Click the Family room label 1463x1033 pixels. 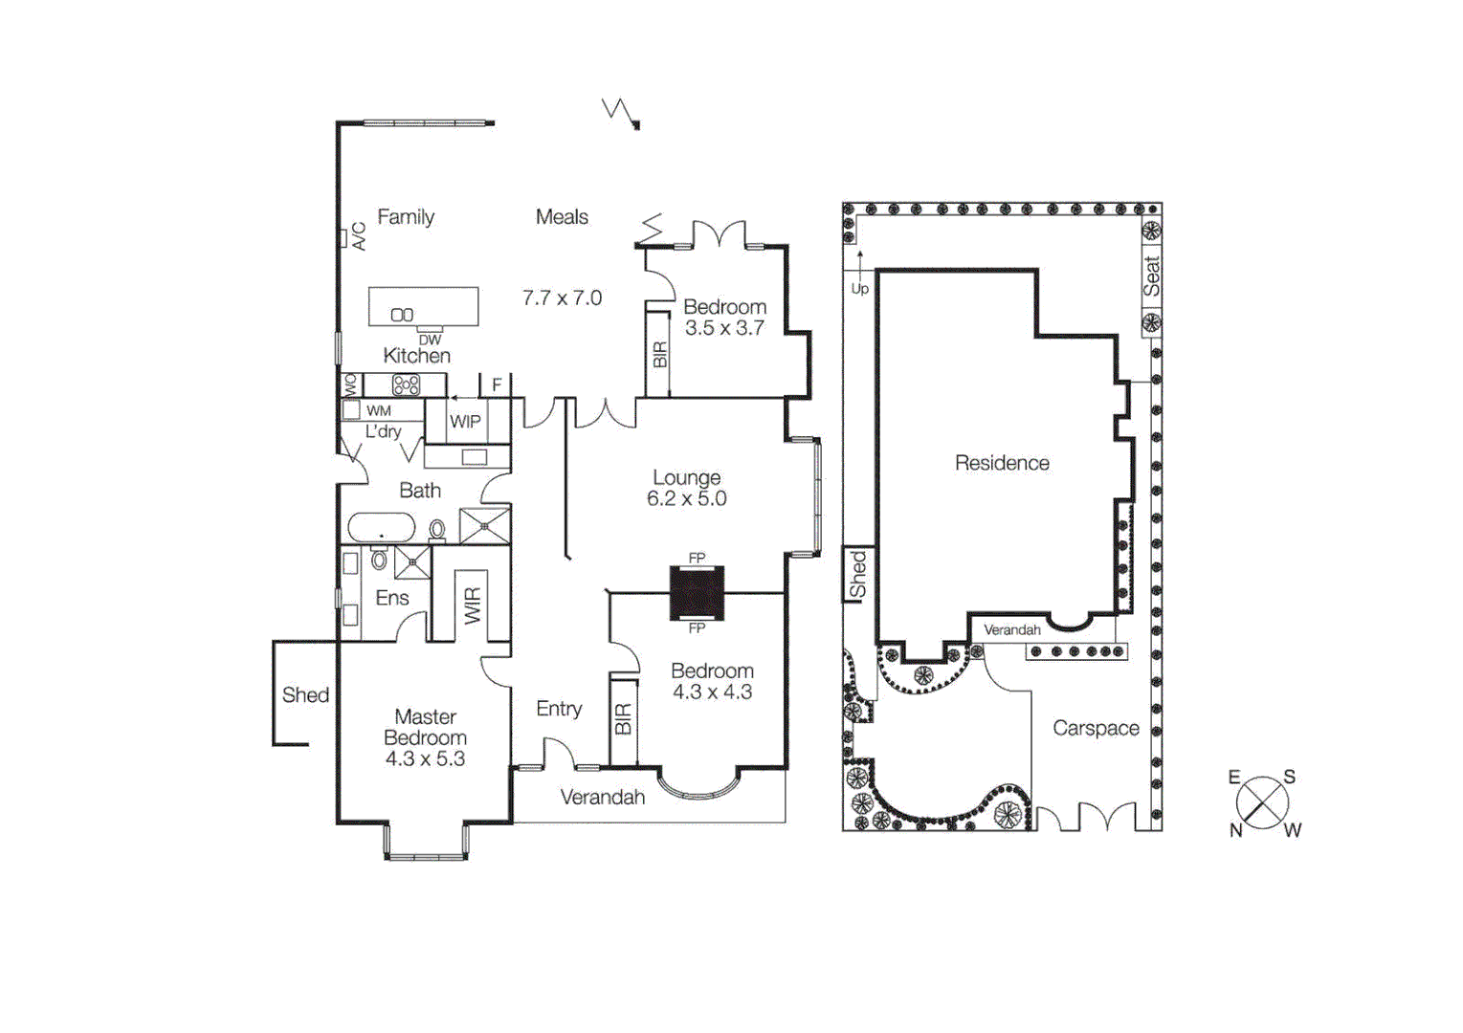(406, 217)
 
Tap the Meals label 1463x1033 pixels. (562, 217)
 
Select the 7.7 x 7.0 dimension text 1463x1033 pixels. (562, 298)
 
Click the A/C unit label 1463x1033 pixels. (359, 235)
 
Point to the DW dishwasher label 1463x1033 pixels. (430, 340)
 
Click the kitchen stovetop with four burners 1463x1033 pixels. (406, 385)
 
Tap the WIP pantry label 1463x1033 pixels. (465, 422)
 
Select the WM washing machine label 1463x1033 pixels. (379, 411)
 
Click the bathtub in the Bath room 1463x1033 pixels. (381, 528)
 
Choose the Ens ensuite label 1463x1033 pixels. (392, 599)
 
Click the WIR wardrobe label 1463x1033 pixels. (473, 605)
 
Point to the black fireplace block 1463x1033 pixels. (697, 593)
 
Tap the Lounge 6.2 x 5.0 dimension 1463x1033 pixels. (686, 499)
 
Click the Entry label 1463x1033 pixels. (559, 709)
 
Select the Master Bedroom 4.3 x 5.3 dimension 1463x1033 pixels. (425, 759)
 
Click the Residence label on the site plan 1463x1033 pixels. (1002, 463)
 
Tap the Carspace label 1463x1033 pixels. (1096, 729)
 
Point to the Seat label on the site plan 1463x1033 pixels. (1151, 276)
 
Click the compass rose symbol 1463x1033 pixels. (1262, 802)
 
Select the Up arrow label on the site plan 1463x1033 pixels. (859, 289)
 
